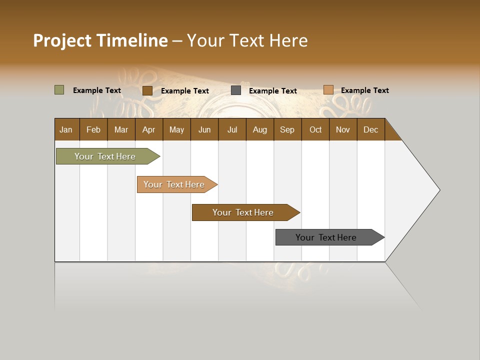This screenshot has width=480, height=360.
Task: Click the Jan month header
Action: pos(66,129)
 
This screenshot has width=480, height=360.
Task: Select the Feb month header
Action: pos(93,129)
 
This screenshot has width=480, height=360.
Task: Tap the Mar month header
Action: pos(121,129)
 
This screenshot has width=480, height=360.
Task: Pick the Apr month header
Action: pos(149,129)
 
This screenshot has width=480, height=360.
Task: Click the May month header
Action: pos(176,129)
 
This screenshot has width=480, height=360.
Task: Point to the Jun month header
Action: pos(204,129)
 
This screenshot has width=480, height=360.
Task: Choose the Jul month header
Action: pos(232,129)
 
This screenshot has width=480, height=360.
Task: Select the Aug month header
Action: pos(260,129)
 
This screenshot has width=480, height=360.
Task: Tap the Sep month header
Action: pos(287,129)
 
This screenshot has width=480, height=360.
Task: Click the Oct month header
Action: pos(315,129)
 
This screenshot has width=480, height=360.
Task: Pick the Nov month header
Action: pos(343,129)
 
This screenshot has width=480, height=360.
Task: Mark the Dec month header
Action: pos(371,129)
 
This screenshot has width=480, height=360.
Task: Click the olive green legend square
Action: pos(59,90)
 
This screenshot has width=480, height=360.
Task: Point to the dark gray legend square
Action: pos(236,90)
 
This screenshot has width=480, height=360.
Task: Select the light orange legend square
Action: pos(328,90)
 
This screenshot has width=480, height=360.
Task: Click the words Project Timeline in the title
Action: pos(100,40)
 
